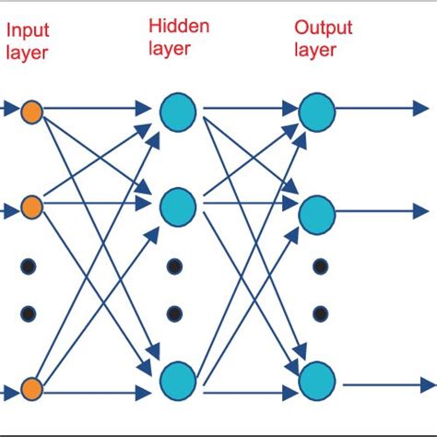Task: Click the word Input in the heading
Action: (28, 31)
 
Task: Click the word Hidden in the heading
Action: (179, 26)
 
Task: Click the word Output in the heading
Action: (324, 29)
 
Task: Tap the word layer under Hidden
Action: (170, 49)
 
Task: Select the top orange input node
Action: (31, 112)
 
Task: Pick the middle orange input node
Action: (31, 207)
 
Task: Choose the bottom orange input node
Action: (31, 389)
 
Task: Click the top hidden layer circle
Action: (178, 112)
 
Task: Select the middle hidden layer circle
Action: (178, 207)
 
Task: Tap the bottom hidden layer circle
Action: (178, 381)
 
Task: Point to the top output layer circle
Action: (317, 112)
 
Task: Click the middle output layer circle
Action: (317, 215)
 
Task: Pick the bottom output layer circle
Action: (317, 381)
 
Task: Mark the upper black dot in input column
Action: (29, 266)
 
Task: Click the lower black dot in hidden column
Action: (174, 313)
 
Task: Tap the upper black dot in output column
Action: (321, 266)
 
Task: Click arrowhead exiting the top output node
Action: (420, 108)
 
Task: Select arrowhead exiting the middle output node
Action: (420, 211)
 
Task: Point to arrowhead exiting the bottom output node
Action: (429, 385)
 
